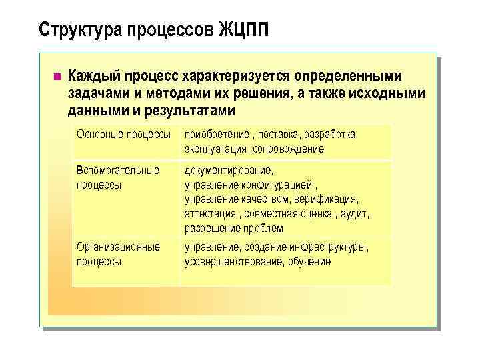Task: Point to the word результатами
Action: point(194,109)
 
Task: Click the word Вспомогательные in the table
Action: point(118,170)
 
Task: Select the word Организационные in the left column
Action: point(118,247)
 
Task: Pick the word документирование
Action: point(229,170)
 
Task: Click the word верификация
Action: point(327,199)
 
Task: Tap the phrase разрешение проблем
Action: point(229,229)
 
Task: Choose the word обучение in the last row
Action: point(309,261)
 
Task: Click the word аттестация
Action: point(210,214)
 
